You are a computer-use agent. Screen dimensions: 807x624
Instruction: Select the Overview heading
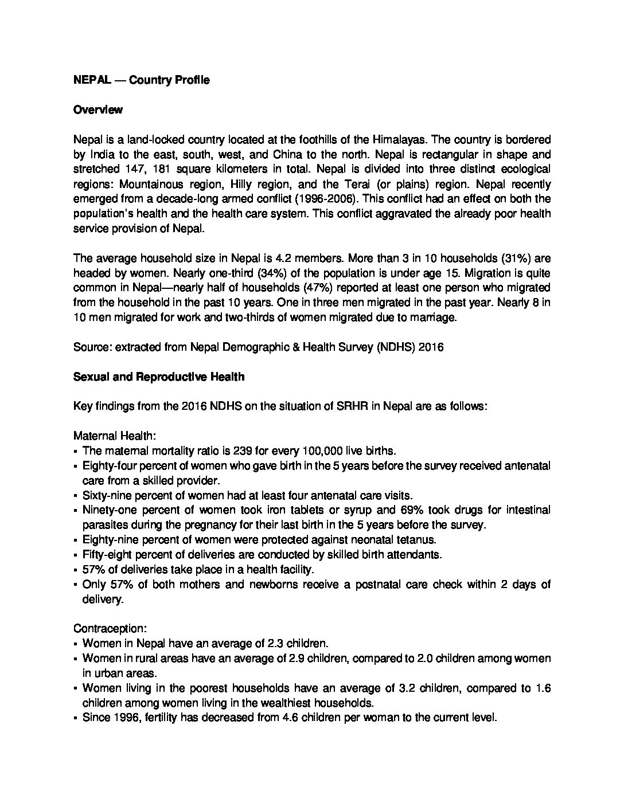coord(97,110)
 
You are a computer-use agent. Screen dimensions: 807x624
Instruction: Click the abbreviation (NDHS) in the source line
coord(396,347)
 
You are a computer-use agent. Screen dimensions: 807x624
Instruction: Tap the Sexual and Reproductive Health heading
coord(159,377)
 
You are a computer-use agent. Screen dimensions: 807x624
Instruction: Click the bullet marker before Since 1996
coord(76,718)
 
